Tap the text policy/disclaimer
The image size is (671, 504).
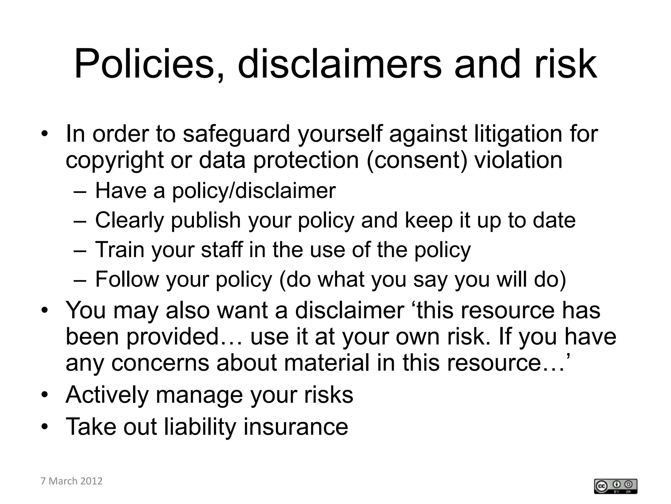[x=254, y=191]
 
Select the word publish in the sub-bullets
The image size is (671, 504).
[x=206, y=220]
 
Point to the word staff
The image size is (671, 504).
[x=222, y=250]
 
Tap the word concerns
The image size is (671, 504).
[x=160, y=363]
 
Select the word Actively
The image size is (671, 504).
[x=107, y=395]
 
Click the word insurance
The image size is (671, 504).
[x=296, y=427]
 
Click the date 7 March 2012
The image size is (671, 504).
[x=71, y=481]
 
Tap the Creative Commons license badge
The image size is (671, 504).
[x=615, y=486]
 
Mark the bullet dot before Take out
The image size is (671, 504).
[x=45, y=427]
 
